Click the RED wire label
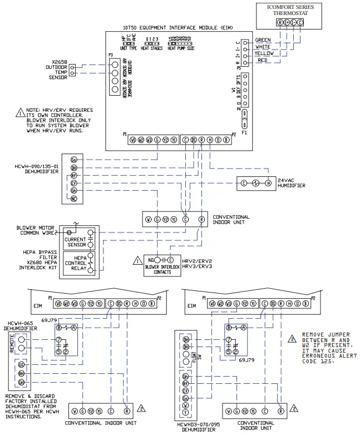click(x=262, y=60)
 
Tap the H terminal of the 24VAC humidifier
click(x=268, y=183)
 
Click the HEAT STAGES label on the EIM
click(x=152, y=49)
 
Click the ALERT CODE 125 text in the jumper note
click(x=316, y=362)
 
